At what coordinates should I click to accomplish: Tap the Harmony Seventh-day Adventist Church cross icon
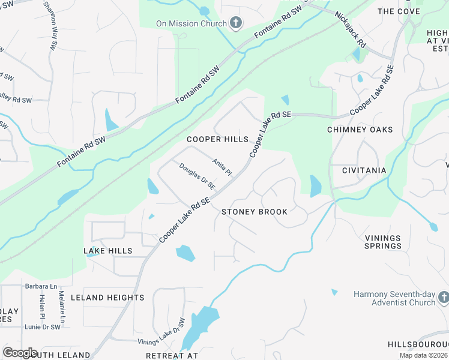click(x=443, y=298)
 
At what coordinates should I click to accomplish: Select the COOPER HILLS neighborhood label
click(x=217, y=139)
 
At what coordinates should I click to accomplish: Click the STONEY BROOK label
click(x=255, y=212)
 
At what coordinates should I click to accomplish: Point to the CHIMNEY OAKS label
click(x=360, y=130)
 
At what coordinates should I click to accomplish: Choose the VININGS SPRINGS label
click(x=383, y=242)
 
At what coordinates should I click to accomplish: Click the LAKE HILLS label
click(x=108, y=251)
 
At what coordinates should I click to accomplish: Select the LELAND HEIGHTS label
click(x=107, y=298)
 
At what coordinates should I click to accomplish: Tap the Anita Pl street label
click(x=222, y=167)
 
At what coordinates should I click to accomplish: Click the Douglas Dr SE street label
click(x=197, y=178)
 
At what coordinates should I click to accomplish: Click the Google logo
click(x=20, y=353)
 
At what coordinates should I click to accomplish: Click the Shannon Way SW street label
click(x=51, y=24)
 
